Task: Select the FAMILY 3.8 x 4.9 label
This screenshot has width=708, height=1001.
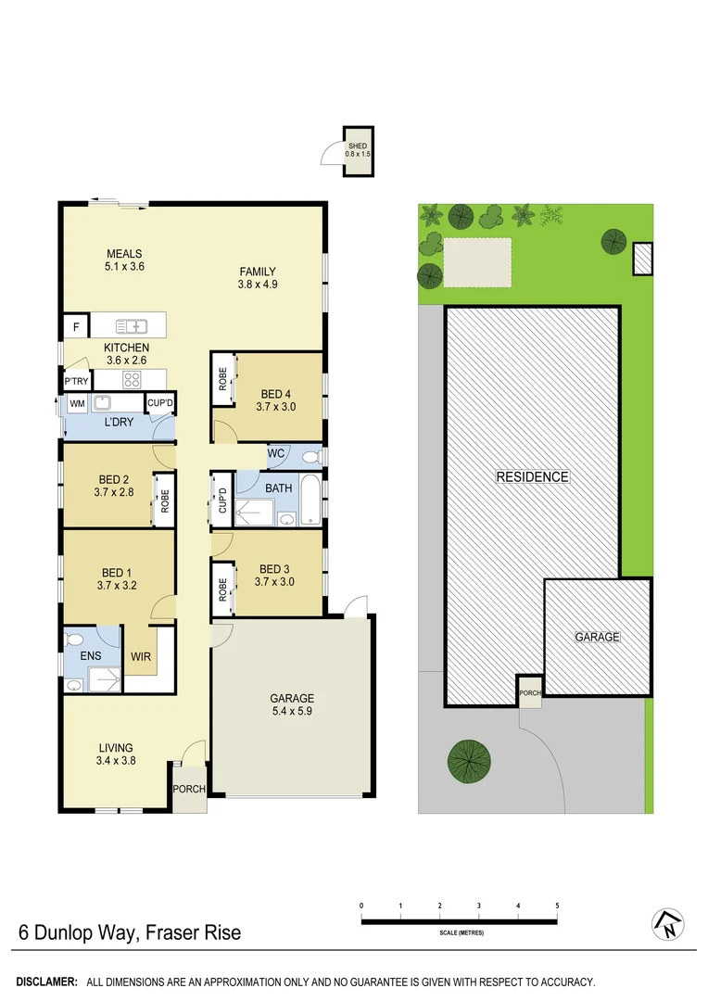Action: pyautogui.click(x=258, y=278)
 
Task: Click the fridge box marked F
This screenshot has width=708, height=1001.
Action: pyautogui.click(x=75, y=327)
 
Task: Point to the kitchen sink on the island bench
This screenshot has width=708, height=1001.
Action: pyautogui.click(x=132, y=325)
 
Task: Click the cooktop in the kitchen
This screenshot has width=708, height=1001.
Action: pyautogui.click(x=132, y=379)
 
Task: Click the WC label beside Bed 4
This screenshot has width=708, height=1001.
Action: pyautogui.click(x=276, y=454)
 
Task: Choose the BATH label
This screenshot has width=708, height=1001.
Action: pyautogui.click(x=278, y=488)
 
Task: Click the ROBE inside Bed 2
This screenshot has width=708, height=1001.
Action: pyautogui.click(x=164, y=501)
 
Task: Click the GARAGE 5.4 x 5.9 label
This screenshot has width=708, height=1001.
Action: pyautogui.click(x=292, y=704)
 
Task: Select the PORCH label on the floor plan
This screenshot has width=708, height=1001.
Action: pyautogui.click(x=189, y=790)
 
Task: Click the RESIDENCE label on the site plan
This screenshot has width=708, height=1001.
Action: pyautogui.click(x=532, y=477)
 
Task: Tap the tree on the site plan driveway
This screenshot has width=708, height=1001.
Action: pyautogui.click(x=468, y=760)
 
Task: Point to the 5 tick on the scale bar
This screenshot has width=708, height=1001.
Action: pyautogui.click(x=557, y=906)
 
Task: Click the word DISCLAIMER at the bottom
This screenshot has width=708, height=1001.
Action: pyautogui.click(x=47, y=982)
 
